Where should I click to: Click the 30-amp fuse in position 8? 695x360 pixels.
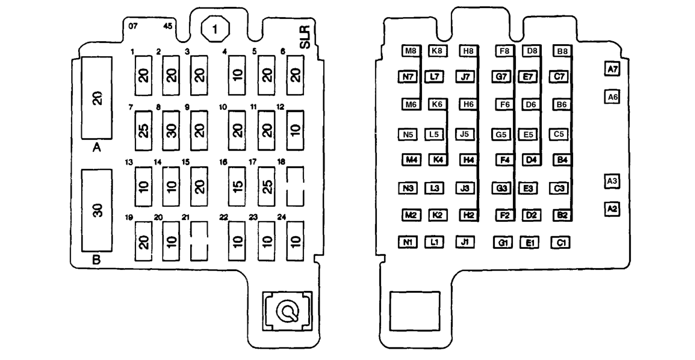pyautogui.click(x=171, y=130)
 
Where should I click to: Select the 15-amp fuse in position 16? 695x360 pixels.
pyautogui.click(x=237, y=186)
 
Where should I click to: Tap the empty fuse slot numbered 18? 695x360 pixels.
pyautogui.click(x=295, y=186)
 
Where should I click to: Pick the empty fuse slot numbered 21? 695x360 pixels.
pyautogui.click(x=199, y=241)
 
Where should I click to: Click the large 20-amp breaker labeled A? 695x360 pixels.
pyautogui.click(x=97, y=98)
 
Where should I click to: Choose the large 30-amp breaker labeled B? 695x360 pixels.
pyautogui.click(x=97, y=210)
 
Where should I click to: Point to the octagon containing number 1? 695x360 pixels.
pyautogui.click(x=215, y=29)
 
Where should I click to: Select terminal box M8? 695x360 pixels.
pyautogui.click(x=411, y=51)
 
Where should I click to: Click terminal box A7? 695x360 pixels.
pyautogui.click(x=612, y=69)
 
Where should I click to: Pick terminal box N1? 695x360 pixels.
pyautogui.click(x=408, y=242)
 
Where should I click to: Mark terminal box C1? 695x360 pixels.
pyautogui.click(x=561, y=243)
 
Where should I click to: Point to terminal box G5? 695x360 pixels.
pyautogui.click(x=501, y=134)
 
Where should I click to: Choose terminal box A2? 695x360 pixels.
pyautogui.click(x=612, y=209)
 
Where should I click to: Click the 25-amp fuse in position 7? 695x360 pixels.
pyautogui.click(x=143, y=130)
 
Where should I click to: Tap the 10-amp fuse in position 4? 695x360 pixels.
pyautogui.click(x=237, y=76)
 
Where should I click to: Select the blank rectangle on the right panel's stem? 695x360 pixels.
pyautogui.click(x=415, y=311)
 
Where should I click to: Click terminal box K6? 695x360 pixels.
pyautogui.click(x=437, y=104)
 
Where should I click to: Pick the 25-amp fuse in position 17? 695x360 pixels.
pyautogui.click(x=267, y=186)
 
